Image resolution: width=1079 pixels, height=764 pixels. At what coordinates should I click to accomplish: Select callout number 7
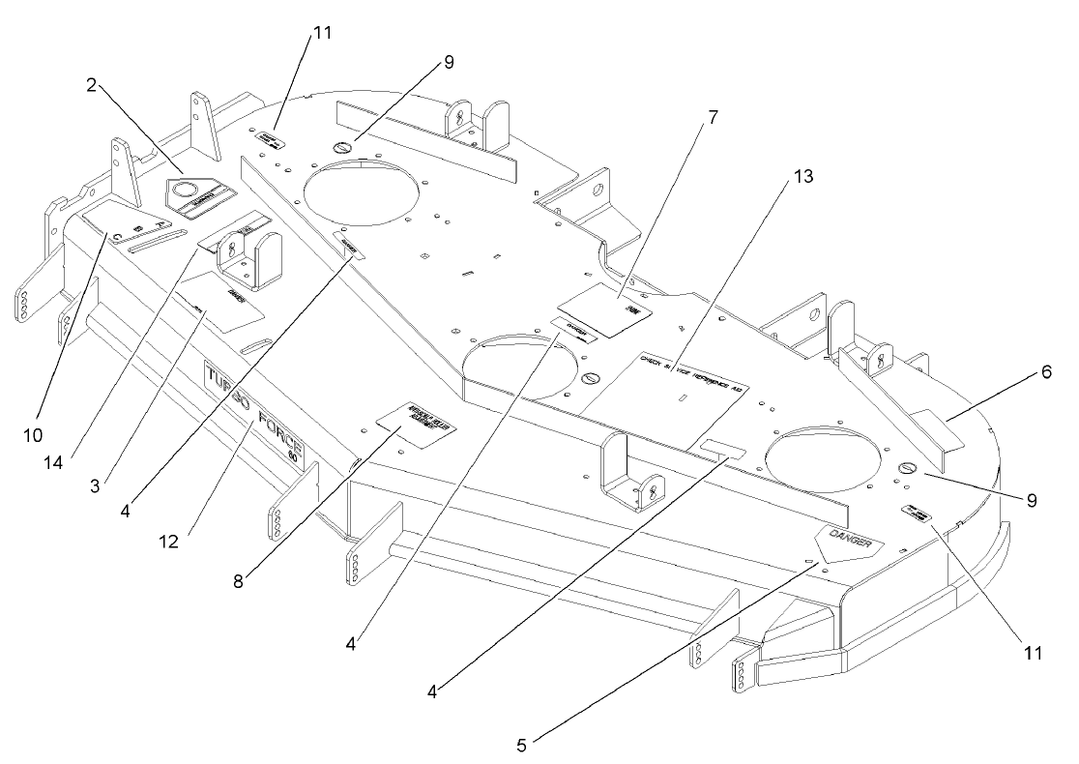pyautogui.click(x=713, y=118)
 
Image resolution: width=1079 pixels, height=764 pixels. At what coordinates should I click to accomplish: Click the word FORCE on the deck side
pyautogui.click(x=282, y=438)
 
